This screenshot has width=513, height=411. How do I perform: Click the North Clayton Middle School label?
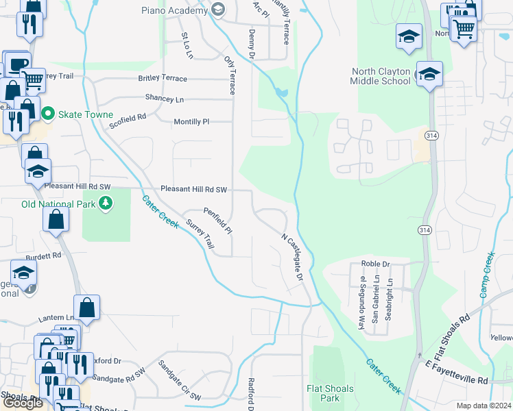[381, 76]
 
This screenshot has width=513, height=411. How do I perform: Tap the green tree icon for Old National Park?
[105, 203]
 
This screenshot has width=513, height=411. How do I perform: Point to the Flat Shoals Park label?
[330, 393]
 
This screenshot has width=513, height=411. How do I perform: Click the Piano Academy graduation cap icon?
[218, 10]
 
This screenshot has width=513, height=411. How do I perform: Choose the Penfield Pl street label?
[218, 221]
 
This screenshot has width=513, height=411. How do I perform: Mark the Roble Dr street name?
[375, 264]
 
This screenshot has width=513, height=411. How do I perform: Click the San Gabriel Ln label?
[375, 299]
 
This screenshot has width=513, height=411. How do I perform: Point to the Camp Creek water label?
[487, 275]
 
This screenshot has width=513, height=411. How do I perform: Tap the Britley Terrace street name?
[162, 78]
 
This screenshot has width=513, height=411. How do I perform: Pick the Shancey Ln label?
[165, 99]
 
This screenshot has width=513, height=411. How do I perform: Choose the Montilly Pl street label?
[191, 121]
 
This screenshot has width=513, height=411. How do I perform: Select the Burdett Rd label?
[44, 255]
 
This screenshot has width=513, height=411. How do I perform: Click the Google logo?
[23, 403]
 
